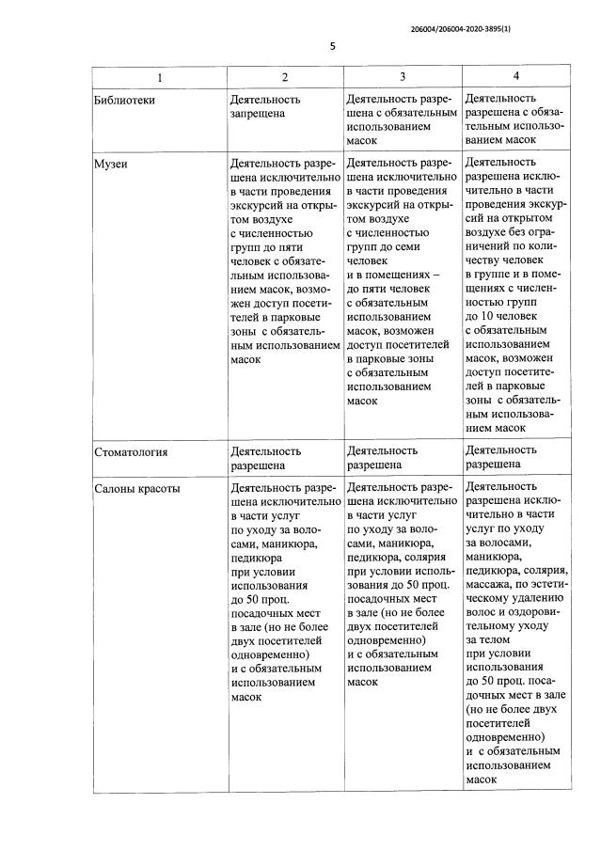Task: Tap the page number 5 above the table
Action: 332,47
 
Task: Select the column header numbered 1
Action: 160,77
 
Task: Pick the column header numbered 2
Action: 285,77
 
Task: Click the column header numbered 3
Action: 403,77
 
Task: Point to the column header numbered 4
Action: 515,75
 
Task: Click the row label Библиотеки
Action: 124,99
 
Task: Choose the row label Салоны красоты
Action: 137,489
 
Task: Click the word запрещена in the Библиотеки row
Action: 261,113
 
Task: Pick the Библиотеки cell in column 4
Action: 515,118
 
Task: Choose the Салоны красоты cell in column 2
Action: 285,592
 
